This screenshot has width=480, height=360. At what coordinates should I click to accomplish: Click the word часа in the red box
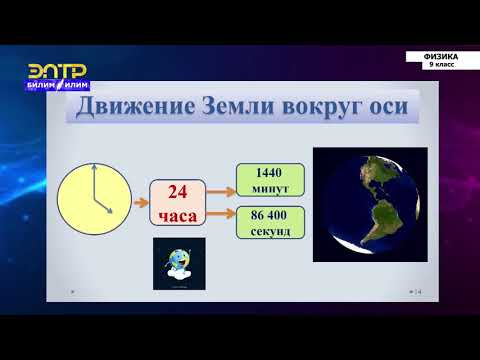(x=178, y=215)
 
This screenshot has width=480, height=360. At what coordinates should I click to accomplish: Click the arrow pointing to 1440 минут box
(x=219, y=187)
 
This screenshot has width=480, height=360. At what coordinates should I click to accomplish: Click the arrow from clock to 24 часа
(x=139, y=199)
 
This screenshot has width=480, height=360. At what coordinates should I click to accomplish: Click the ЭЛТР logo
(x=56, y=75)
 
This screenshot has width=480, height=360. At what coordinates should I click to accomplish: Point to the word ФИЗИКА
(x=440, y=57)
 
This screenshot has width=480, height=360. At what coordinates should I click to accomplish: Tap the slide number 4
(x=421, y=292)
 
